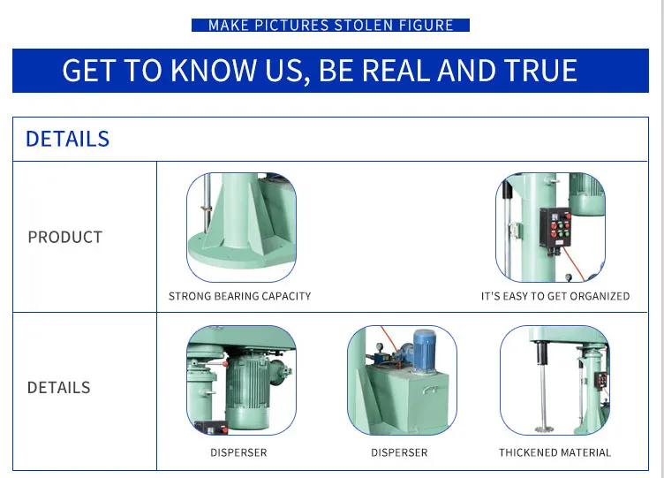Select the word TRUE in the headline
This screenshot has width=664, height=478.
[x=538, y=71]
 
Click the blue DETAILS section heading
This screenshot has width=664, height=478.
[x=67, y=139]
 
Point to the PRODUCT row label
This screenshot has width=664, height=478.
[x=64, y=237]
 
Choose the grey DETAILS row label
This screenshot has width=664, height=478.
[x=58, y=387]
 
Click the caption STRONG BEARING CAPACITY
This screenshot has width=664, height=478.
[x=239, y=296]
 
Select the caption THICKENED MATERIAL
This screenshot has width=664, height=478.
[x=555, y=452]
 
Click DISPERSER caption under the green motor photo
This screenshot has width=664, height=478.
[x=238, y=452]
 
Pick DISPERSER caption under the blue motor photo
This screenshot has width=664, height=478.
[x=399, y=452]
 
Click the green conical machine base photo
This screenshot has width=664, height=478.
[x=240, y=227]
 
